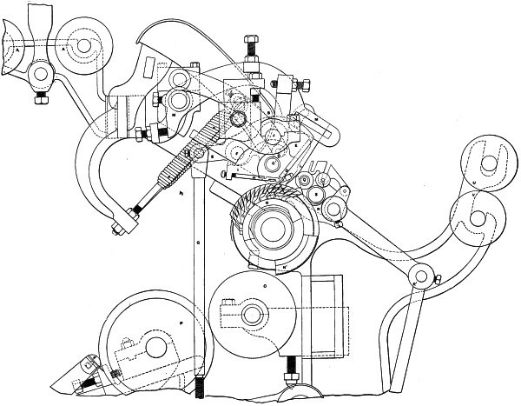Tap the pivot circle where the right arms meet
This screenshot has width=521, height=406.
pyautogui.click(x=422, y=277)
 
